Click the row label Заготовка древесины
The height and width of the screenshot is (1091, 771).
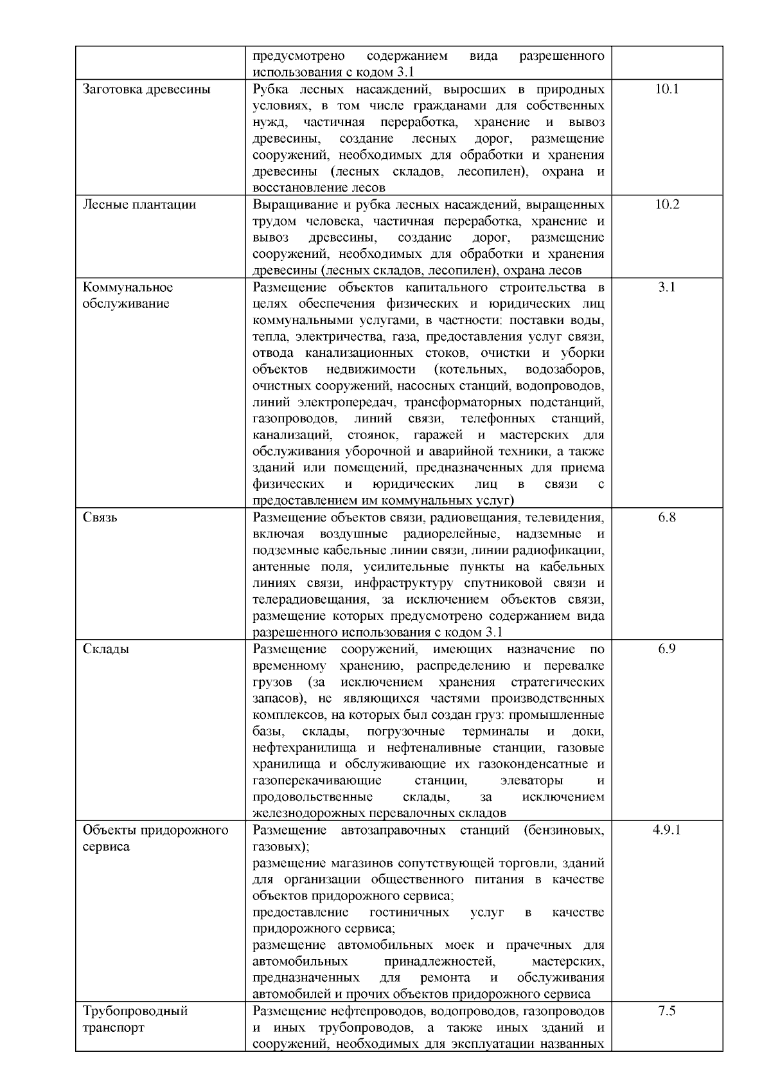146,89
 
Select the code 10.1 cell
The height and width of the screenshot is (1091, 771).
667,89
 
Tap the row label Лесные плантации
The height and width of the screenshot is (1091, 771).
139,205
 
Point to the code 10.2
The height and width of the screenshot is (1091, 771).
667,205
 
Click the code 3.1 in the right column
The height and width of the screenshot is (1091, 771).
667,287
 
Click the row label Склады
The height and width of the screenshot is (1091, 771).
106,649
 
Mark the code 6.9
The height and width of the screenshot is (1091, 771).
667,649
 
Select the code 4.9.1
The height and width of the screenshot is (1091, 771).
667,830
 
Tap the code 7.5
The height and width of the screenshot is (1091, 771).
667,1011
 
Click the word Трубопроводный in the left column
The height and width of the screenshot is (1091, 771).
136,1011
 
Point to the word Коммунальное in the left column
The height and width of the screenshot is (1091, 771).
128,287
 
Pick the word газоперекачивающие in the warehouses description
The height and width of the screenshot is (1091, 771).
317,781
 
